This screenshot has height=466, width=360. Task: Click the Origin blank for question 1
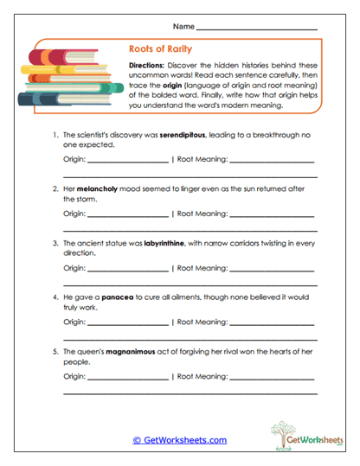[x=128, y=159]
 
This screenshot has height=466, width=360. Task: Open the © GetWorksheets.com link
[x=180, y=440]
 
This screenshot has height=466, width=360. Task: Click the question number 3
[x=55, y=245]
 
